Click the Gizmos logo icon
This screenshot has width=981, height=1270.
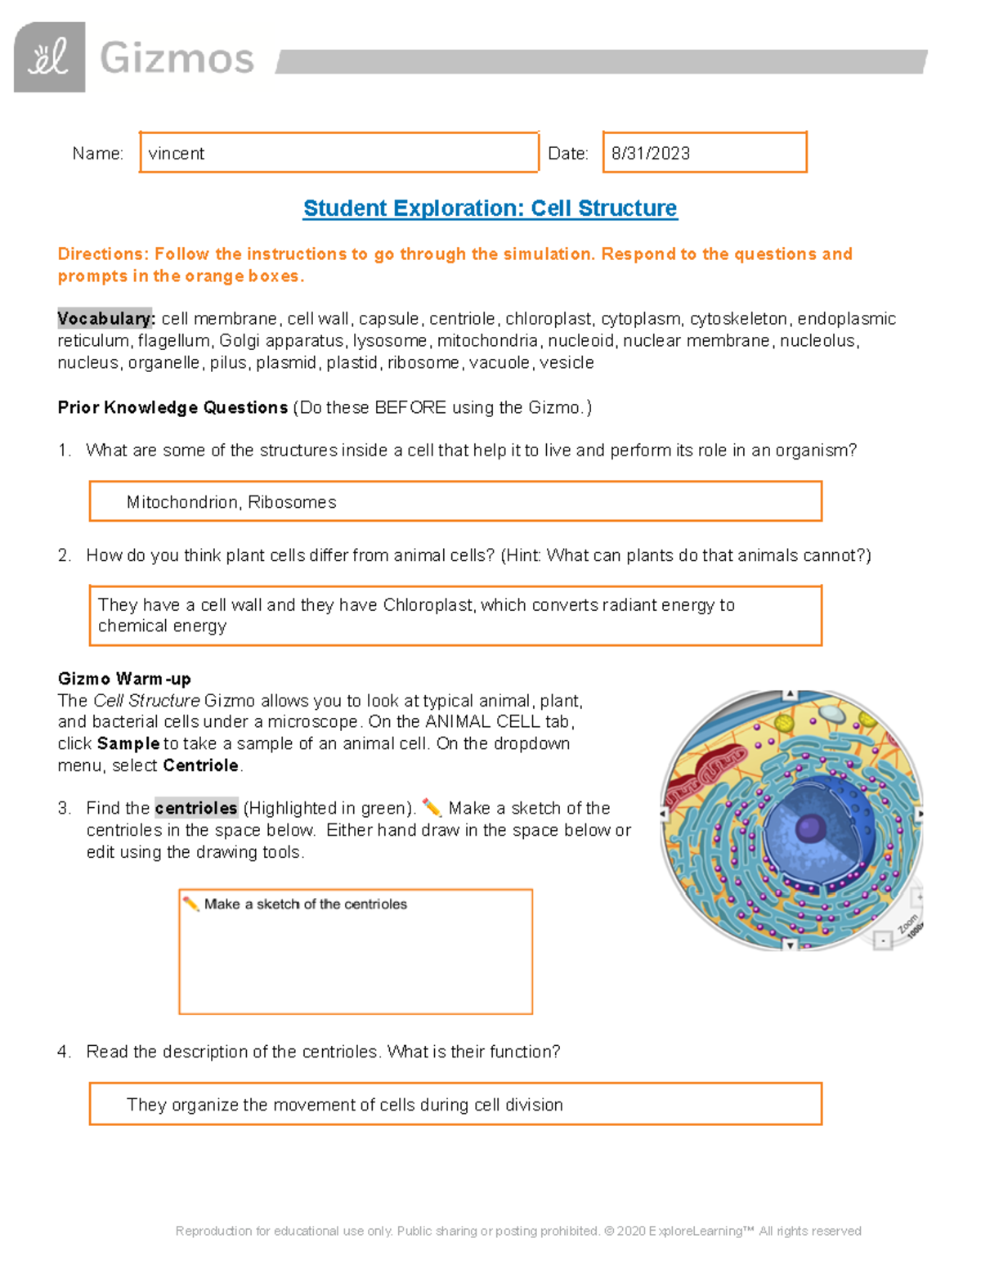pos(49,57)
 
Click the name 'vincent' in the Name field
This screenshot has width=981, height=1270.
pos(176,154)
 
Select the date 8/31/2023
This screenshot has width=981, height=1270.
pos(650,154)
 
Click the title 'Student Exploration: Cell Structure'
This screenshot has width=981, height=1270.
pos(490,209)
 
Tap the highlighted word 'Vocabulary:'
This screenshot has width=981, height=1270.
pos(105,319)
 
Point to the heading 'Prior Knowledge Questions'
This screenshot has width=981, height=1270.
pos(172,407)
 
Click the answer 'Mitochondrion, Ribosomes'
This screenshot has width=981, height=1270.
pos(231,502)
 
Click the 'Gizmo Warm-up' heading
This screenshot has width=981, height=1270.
pos(124,679)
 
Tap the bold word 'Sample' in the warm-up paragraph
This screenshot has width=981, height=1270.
pos(128,744)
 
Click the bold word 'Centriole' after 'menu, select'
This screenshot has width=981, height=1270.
pos(200,766)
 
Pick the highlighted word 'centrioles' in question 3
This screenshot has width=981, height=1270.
pos(196,809)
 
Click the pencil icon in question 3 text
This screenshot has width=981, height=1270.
pos(432,808)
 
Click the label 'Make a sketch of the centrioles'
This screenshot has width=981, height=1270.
pos(305,904)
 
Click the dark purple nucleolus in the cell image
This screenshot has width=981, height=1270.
pos(810,828)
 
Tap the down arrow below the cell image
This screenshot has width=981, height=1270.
pos(790,945)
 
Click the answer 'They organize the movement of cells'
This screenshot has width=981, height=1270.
pos(344,1105)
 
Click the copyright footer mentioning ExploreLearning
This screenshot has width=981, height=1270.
pos(518,1231)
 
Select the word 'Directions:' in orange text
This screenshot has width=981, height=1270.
pos(103,254)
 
